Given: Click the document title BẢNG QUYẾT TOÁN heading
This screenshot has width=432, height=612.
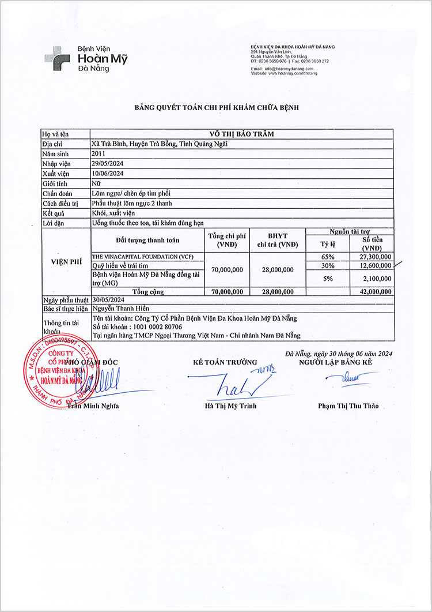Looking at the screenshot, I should coord(216,108).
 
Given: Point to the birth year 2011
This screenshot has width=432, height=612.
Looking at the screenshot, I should coord(99,153).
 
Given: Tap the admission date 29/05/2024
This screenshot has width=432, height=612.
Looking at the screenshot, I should coord(108,163).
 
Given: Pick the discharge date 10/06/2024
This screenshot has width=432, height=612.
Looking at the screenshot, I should coord(108,173).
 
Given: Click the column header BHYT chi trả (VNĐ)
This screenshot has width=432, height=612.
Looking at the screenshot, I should coord(278,240).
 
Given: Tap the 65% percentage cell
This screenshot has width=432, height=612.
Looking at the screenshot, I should coord(328,256).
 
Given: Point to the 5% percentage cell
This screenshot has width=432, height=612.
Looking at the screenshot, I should coord(328,279).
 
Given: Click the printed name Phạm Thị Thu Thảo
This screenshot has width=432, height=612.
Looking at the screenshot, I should coord(348,406).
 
